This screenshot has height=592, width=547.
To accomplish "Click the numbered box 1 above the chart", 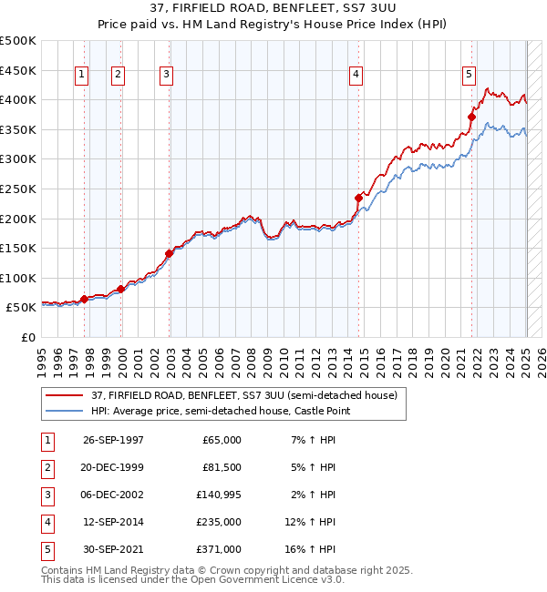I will pos(82,76).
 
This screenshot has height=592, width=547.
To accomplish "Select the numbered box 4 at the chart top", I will pos(356,76).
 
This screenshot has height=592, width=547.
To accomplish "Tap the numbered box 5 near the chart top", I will pos(469,76).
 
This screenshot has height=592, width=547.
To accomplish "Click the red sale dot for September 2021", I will pos(472,117).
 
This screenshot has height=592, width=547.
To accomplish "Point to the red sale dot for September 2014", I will pos(359,197).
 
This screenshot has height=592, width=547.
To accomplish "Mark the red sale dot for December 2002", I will pos(170,253).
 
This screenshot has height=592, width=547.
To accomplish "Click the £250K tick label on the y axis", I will pos(18,189).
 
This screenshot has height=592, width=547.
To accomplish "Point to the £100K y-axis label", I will pos(18,278).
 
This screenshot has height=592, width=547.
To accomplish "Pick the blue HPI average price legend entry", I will pos(220,412).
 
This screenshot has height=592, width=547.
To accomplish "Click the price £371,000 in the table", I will pos(220,549).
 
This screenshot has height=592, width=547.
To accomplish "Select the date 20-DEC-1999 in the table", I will pos(113,467).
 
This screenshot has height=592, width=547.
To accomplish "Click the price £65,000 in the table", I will pos(222,440).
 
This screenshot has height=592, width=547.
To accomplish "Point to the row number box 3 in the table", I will pos(46,495).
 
